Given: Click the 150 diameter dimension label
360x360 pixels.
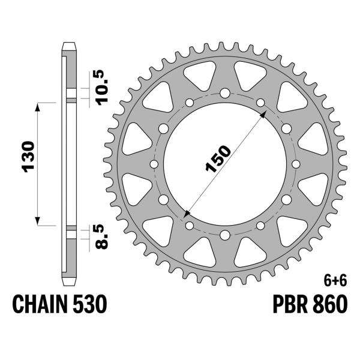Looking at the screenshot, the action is pos(218,159).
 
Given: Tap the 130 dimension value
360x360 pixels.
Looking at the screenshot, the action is pos(28,157).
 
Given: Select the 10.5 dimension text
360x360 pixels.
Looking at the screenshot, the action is pos(102,88).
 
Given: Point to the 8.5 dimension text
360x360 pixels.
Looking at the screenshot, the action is pos(101,237).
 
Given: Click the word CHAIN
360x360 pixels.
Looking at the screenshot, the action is pos(40,304).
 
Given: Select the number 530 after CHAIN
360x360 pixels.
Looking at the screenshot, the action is pos(90,304).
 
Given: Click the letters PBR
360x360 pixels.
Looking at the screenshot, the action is pos(290,304).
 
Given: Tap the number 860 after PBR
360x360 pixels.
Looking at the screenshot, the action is pos(329,304).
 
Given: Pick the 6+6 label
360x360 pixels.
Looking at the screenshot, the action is pos(335,281).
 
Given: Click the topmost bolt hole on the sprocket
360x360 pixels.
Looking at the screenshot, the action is pos(225,93).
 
